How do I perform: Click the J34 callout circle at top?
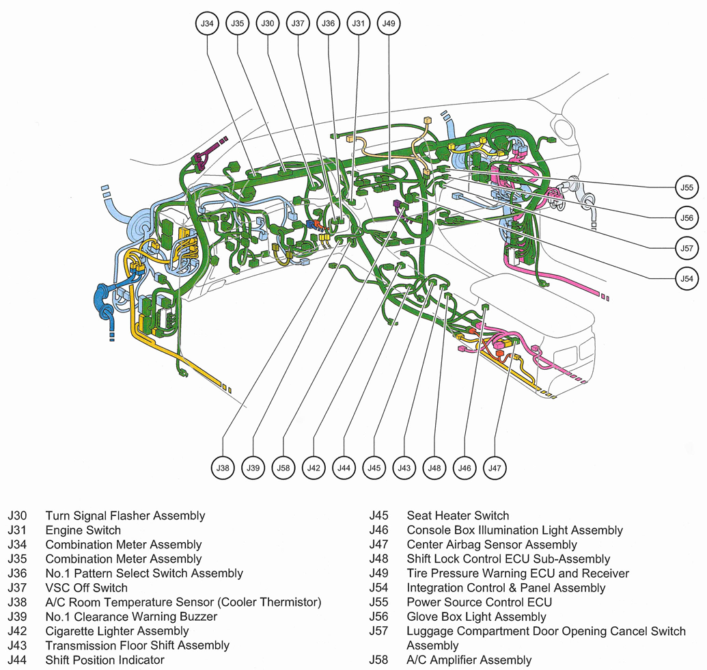[207, 23]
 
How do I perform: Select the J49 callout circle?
[389, 23]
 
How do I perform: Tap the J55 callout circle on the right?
[687, 187]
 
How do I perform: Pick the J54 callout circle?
[687, 278]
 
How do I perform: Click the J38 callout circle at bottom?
[223, 468]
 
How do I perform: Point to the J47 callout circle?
[495, 468]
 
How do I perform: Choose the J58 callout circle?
[283, 468]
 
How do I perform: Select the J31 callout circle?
[359, 23]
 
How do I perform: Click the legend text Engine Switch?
[83, 531]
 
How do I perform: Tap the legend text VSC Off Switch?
[86, 587]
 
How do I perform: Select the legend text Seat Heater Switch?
[458, 516]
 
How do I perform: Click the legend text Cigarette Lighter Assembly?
[117, 630]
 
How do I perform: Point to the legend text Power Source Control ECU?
[479, 602]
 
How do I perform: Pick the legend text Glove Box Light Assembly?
[476, 617]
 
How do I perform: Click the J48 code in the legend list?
[378, 559]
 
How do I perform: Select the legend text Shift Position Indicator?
[105, 660]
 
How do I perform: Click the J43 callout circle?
[404, 468]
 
